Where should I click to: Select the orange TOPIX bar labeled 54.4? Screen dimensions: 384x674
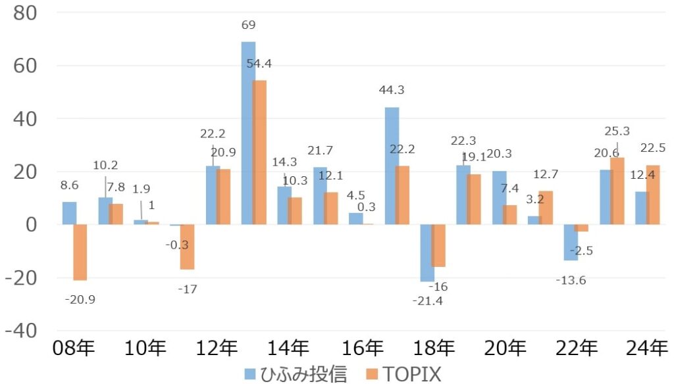(x=259, y=152)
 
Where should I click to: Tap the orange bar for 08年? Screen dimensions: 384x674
(x=80, y=252)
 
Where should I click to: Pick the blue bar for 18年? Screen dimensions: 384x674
(x=427, y=253)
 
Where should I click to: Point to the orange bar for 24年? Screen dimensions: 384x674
(x=652, y=195)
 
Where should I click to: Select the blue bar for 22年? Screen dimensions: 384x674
(x=571, y=243)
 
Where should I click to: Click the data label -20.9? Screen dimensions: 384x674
(x=80, y=299)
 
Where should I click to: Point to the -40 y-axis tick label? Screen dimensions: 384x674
(x=21, y=330)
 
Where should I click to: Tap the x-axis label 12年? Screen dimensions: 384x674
(x=217, y=347)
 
